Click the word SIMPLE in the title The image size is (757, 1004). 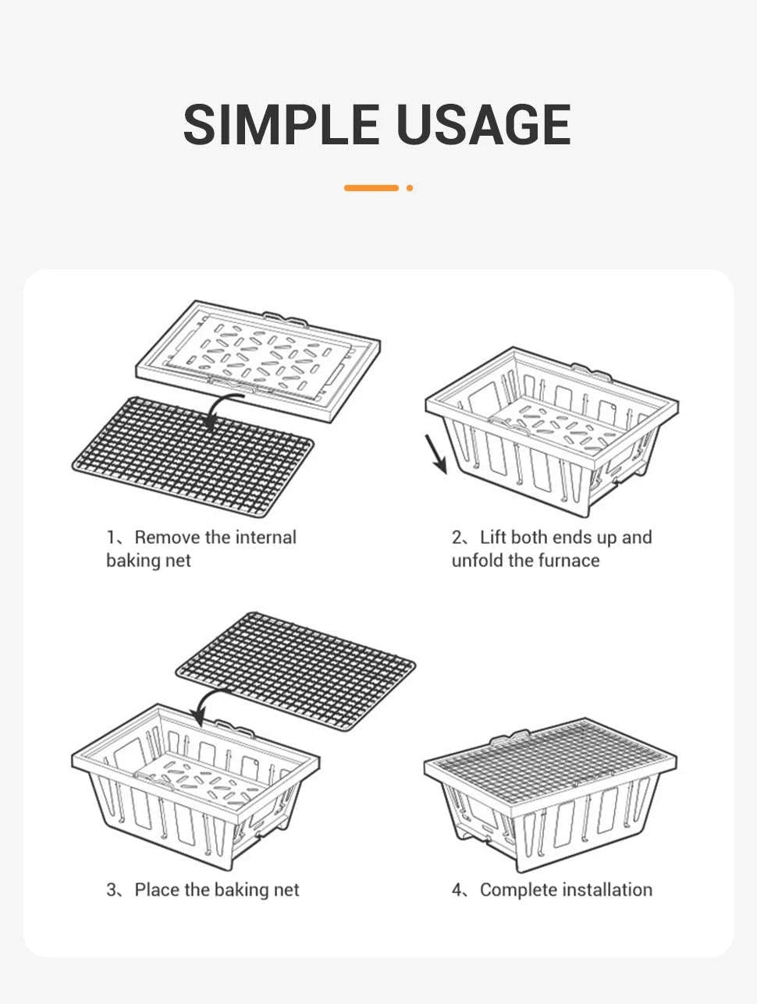(281, 124)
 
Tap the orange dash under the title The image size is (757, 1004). (371, 188)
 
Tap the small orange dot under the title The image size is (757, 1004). (410, 188)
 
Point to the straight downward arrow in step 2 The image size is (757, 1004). (436, 454)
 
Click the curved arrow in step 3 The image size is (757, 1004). (208, 703)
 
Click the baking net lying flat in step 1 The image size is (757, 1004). (193, 457)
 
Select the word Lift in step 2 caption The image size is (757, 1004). (492, 537)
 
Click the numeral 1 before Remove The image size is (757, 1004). (111, 537)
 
